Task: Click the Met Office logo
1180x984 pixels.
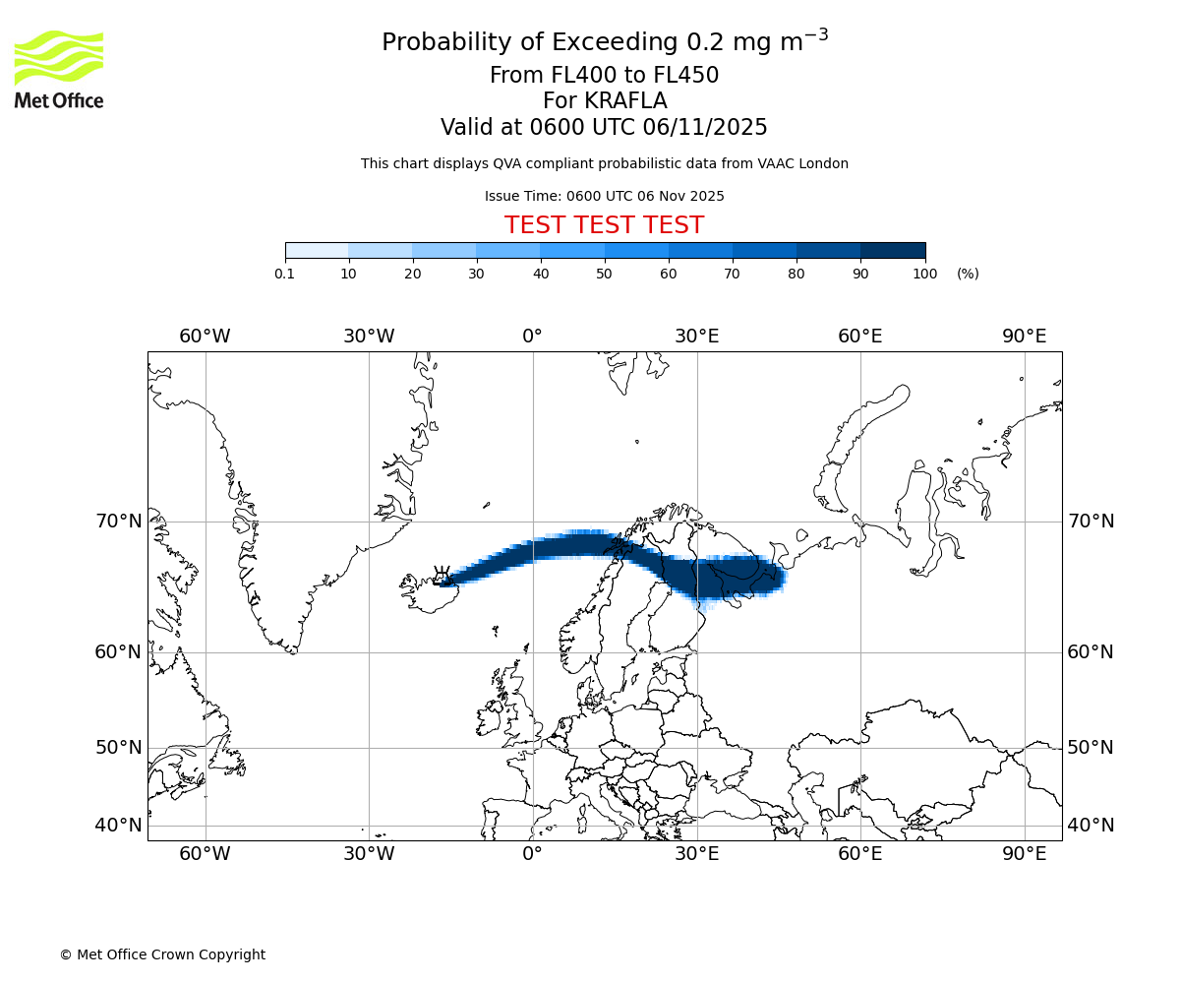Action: click(x=59, y=69)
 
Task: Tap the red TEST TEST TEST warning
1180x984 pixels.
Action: click(x=604, y=225)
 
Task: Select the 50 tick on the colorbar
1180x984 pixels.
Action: click(x=605, y=274)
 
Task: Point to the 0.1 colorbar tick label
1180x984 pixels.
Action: click(x=285, y=274)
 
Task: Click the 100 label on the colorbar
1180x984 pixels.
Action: click(x=924, y=274)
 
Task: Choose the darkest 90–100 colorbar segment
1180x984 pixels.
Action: click(x=893, y=251)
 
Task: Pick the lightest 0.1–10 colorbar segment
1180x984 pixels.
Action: click(x=317, y=251)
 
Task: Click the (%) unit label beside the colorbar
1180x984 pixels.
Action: click(x=968, y=274)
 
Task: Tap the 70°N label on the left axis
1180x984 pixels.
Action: click(x=119, y=522)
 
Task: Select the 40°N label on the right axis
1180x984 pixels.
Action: click(x=1091, y=826)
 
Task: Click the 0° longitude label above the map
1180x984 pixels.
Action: click(x=532, y=337)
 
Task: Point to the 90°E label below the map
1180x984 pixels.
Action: click(x=1024, y=854)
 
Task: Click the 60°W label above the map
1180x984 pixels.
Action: click(x=205, y=337)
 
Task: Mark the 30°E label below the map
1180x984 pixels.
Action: click(x=696, y=854)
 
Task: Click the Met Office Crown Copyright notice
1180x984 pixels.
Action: click(x=162, y=954)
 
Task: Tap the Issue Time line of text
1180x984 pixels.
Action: click(x=604, y=196)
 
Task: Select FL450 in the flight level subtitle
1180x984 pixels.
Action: click(x=685, y=76)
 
